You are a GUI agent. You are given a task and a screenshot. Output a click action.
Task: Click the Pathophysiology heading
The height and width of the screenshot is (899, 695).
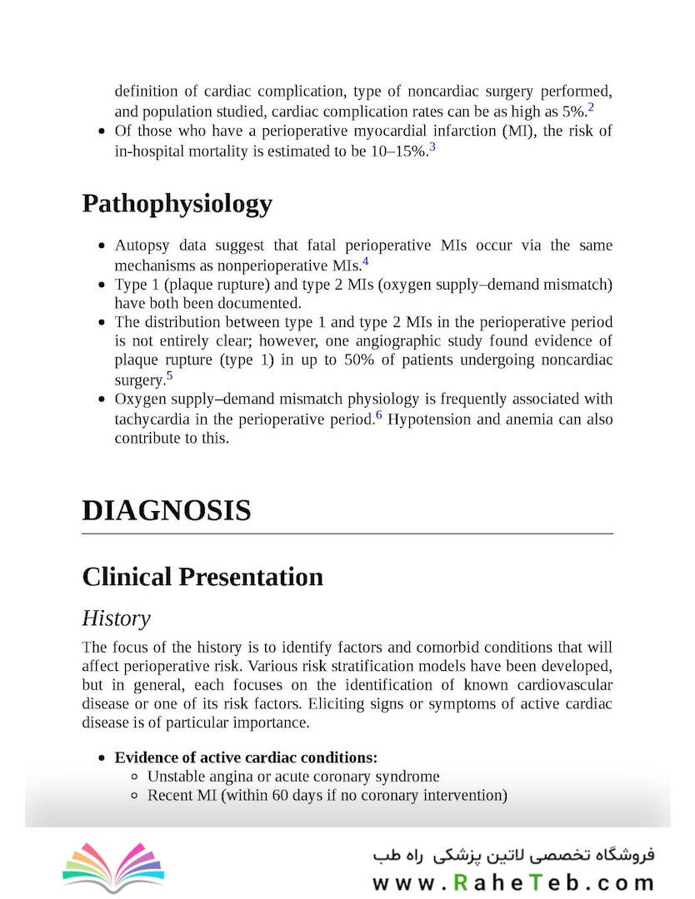coord(177,204)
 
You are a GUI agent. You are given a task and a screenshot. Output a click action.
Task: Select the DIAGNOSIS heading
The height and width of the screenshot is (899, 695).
coord(167,510)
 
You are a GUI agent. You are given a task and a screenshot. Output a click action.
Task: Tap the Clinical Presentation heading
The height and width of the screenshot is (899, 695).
coord(202,577)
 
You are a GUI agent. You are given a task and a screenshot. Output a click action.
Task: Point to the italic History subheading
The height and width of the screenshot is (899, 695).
coord(116,618)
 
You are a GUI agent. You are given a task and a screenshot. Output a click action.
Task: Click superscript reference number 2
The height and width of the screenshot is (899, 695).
coord(591,107)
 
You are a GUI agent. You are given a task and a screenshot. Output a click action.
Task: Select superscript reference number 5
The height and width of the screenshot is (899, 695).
coord(169,375)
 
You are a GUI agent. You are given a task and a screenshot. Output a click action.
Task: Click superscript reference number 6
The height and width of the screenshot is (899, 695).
coord(378,415)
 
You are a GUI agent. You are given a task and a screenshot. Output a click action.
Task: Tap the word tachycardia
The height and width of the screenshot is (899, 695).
coord(154,420)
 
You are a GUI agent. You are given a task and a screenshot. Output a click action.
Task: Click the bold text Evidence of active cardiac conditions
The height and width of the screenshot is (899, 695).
coord(246,757)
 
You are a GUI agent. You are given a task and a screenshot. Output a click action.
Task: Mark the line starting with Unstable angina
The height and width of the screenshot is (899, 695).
coord(293,777)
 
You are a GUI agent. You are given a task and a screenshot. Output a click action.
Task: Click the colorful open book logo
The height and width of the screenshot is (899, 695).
coord(113,867)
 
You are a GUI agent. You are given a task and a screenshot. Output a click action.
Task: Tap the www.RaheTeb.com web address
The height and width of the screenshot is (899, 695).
coord(512,882)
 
